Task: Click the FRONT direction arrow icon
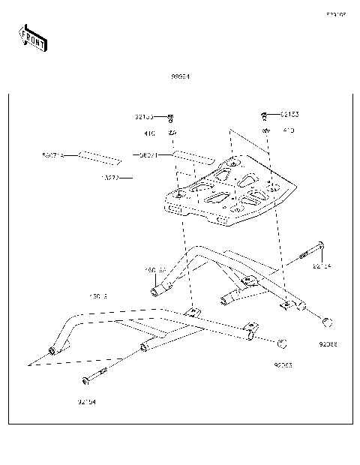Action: point(32,38)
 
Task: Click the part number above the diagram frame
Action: point(179,76)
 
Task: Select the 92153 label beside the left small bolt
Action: point(145,117)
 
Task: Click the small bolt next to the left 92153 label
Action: point(171,118)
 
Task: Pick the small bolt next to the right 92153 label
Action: point(265,115)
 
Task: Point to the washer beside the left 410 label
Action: point(172,133)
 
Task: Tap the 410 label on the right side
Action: point(288,130)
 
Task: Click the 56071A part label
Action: point(52,155)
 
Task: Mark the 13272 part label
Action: point(109,178)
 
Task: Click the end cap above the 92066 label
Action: point(327,323)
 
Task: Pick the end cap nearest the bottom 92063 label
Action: point(283,344)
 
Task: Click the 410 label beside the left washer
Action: point(149,133)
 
